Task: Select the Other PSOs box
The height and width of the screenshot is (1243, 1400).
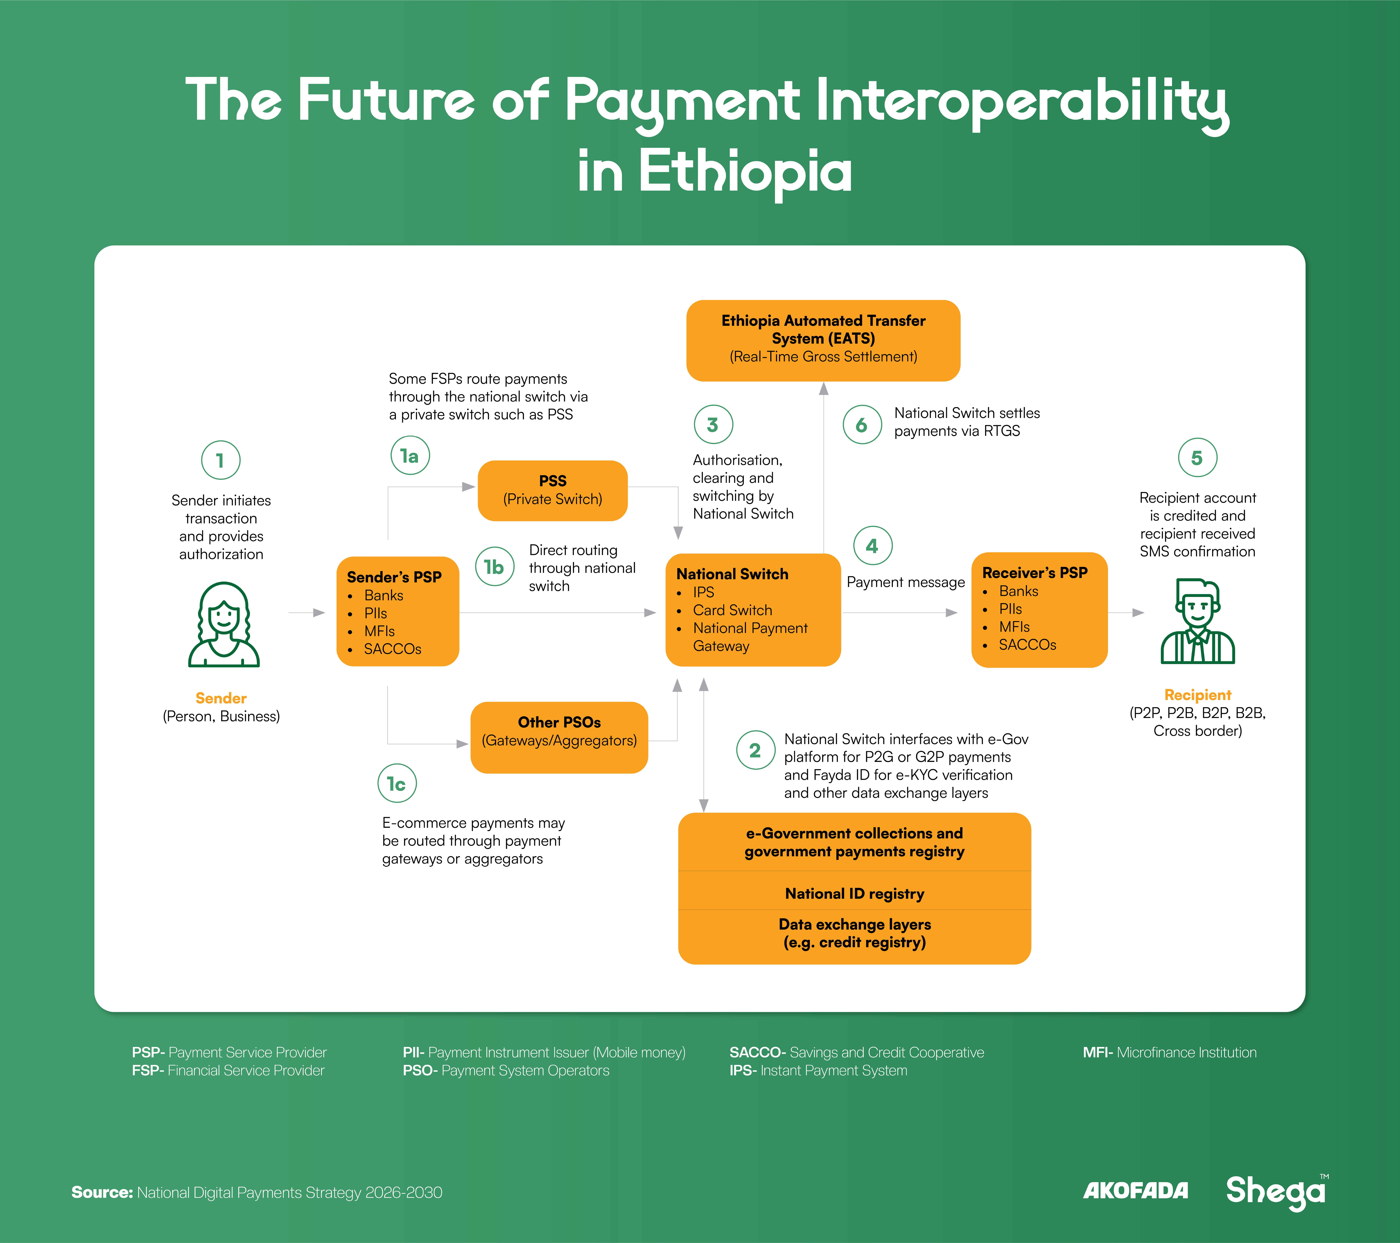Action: pyautogui.click(x=559, y=738)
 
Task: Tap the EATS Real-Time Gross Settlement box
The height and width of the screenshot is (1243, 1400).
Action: pyautogui.click(x=823, y=340)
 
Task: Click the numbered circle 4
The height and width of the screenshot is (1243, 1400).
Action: pyautogui.click(x=873, y=546)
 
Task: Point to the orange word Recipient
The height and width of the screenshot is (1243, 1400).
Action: pyautogui.click(x=1197, y=694)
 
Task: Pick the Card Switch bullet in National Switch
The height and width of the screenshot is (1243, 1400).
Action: pyautogui.click(x=732, y=610)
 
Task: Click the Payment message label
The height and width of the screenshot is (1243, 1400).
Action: pyautogui.click(x=905, y=582)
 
